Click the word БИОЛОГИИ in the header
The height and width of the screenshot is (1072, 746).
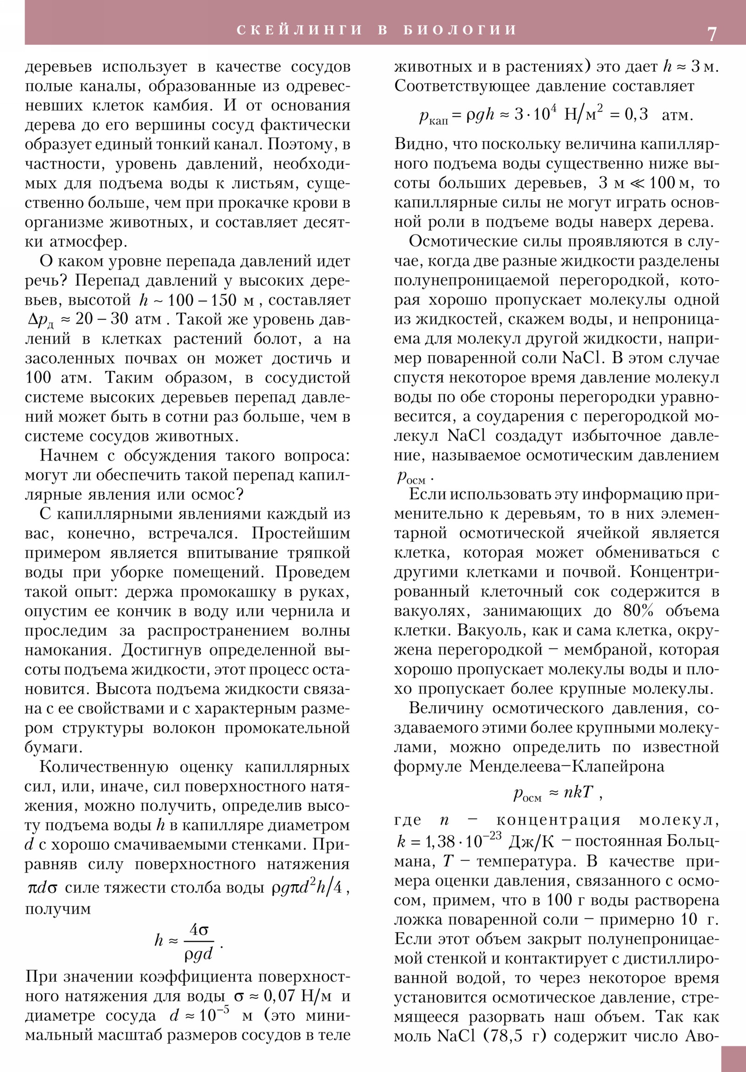coord(460,30)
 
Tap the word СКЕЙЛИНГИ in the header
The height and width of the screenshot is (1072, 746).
coord(299,30)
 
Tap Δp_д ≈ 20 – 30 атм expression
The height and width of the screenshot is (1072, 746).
coord(93,319)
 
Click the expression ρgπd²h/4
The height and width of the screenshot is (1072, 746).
coord(309,886)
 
